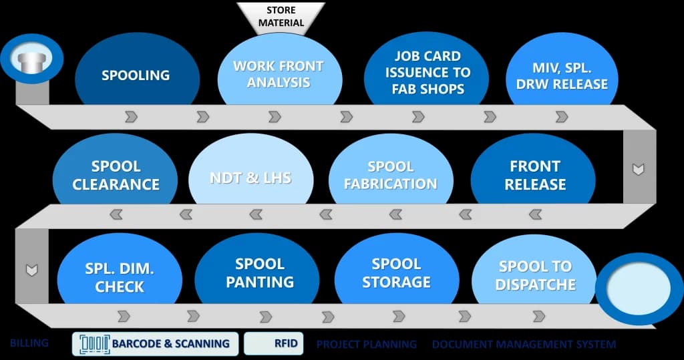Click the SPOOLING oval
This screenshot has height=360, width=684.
tap(136, 75)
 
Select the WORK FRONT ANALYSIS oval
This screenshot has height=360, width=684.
tap(278, 73)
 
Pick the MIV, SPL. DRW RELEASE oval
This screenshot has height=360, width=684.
tap(560, 75)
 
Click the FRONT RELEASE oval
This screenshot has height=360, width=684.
tap(534, 174)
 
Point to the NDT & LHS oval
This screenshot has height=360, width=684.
tap(250, 178)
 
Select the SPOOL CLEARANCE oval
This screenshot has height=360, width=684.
tap(115, 174)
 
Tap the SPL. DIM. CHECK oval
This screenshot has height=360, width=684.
tap(120, 277)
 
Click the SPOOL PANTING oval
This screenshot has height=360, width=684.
tap(259, 273)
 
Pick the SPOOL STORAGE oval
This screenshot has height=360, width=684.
tap(396, 273)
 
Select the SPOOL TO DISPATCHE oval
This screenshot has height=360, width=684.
tap(536, 275)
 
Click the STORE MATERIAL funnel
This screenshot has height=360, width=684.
tap(281, 17)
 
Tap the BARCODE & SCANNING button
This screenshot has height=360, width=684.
tap(155, 344)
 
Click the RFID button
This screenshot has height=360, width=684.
tap(272, 344)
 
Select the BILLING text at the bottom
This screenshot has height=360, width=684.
tap(29, 343)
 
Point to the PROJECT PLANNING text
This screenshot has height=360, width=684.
tap(366, 345)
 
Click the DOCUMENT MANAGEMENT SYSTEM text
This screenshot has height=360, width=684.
tap(524, 345)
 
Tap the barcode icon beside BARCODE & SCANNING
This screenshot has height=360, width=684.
tap(95, 344)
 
